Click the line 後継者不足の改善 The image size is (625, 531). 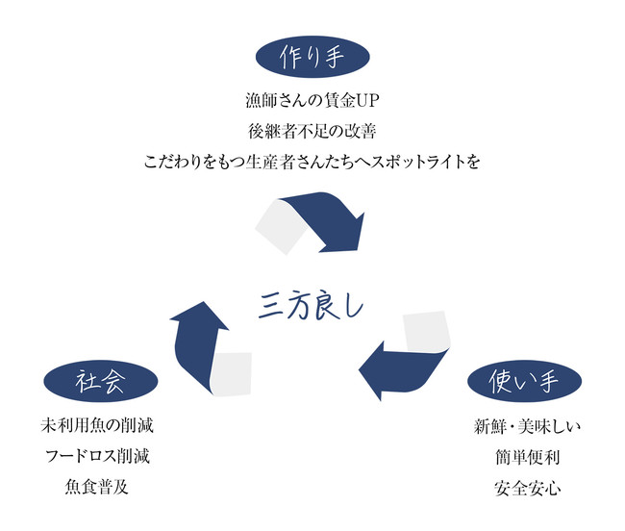coord(312,131)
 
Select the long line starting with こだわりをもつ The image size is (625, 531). coord(312,161)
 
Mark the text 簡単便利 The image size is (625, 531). coord(524,456)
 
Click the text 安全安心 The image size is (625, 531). coord(524,487)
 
